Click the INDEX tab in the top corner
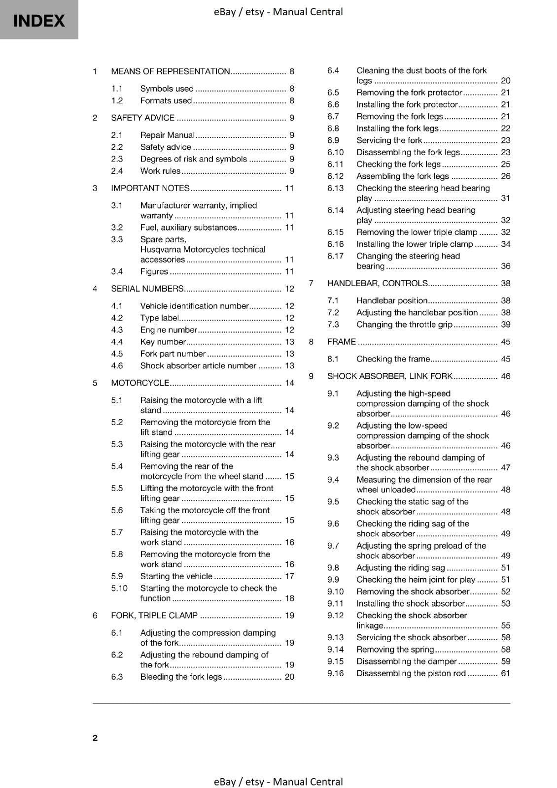[x=39, y=20]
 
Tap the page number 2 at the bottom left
[x=95, y=737]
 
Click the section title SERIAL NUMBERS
[x=147, y=289]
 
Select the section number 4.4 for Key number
[x=117, y=342]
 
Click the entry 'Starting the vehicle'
[x=176, y=576]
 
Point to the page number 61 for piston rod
[x=505, y=673]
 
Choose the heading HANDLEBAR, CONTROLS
[x=377, y=283]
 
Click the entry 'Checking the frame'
[x=393, y=359]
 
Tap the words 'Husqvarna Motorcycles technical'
[x=203, y=250]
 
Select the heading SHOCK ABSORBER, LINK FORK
[x=389, y=376]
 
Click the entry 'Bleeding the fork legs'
[x=181, y=677]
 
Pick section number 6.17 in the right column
[x=335, y=256]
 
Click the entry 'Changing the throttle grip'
[x=404, y=325]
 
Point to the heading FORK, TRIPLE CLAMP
[x=154, y=616]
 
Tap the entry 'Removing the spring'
[x=395, y=650]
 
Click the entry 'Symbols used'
[x=167, y=89]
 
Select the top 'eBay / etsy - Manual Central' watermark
[x=278, y=12]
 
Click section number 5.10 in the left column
[x=119, y=588]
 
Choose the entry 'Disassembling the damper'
[x=407, y=661]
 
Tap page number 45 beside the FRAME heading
[x=505, y=342]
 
